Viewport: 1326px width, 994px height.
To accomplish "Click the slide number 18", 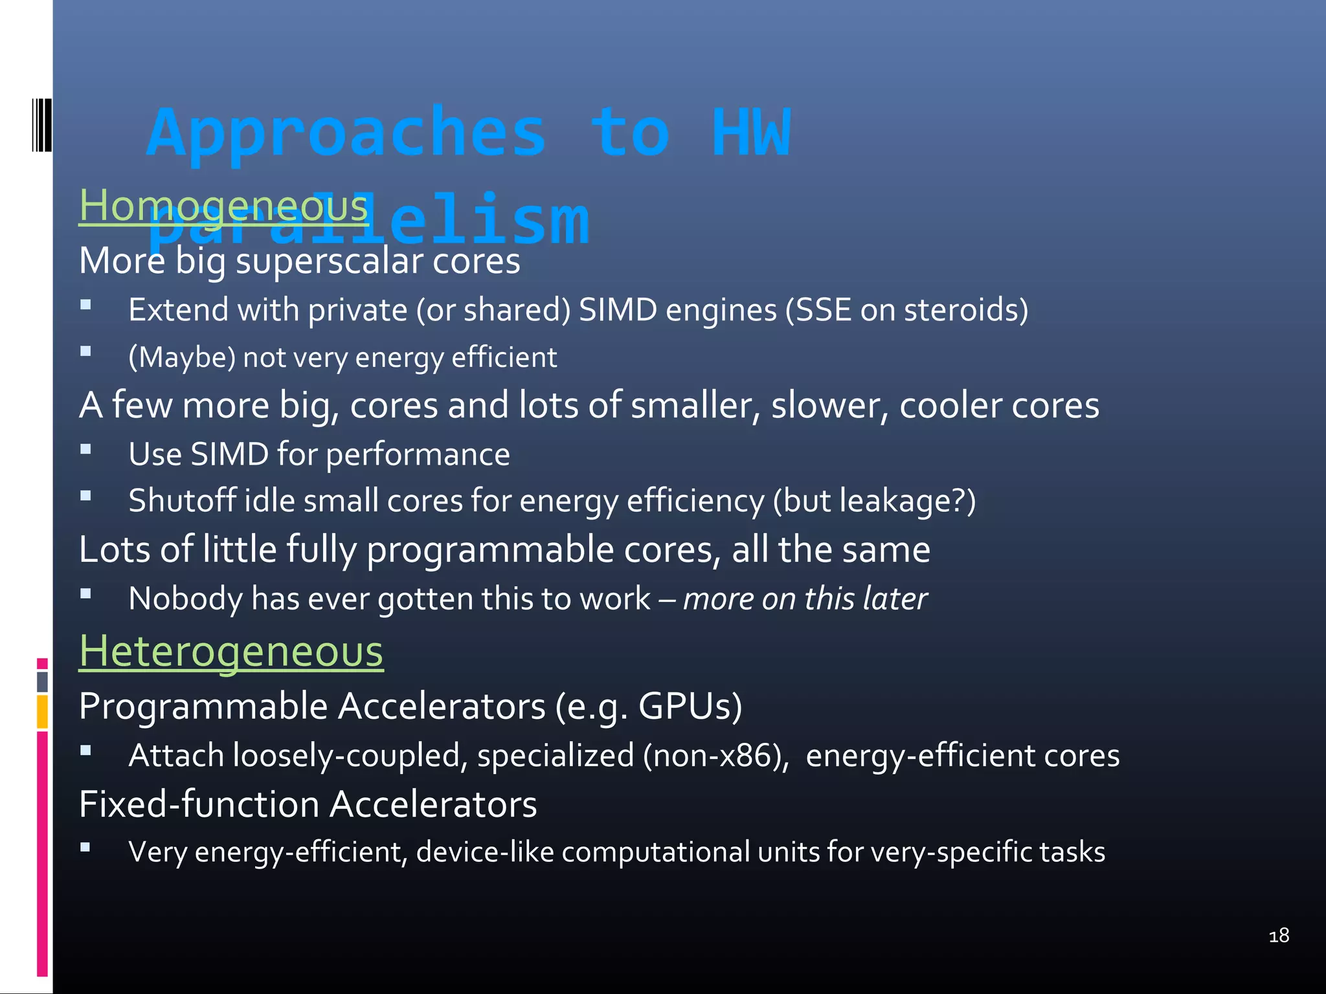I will pos(1279,936).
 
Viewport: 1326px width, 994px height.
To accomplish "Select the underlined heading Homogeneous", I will pos(223,206).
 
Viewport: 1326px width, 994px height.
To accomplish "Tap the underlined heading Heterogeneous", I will pos(231,651).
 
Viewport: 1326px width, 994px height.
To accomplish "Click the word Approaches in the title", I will pos(346,133).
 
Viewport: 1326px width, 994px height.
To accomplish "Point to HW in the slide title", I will pos(751,133).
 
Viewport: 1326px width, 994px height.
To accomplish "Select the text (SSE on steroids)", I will pos(906,310).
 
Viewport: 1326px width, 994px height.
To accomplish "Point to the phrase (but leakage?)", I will pos(874,502).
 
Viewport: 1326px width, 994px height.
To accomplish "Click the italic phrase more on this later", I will pos(805,599).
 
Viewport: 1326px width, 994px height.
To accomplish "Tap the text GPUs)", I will pos(690,706).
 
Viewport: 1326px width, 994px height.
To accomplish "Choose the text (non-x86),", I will pos(716,756).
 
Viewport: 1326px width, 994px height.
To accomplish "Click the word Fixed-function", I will pos(199,804).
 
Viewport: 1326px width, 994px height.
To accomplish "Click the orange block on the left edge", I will pos(42,711).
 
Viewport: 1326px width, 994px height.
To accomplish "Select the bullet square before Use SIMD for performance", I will pos(85,449).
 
